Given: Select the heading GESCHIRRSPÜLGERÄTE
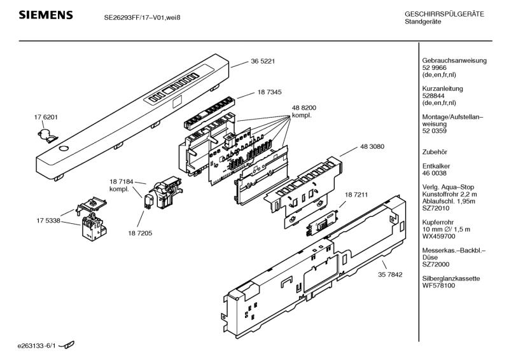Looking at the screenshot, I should coord(444,14).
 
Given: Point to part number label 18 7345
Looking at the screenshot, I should coord(270,93).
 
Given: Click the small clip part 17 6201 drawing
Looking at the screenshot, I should coord(46,133).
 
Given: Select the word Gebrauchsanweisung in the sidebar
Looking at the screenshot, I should coord(454,60).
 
